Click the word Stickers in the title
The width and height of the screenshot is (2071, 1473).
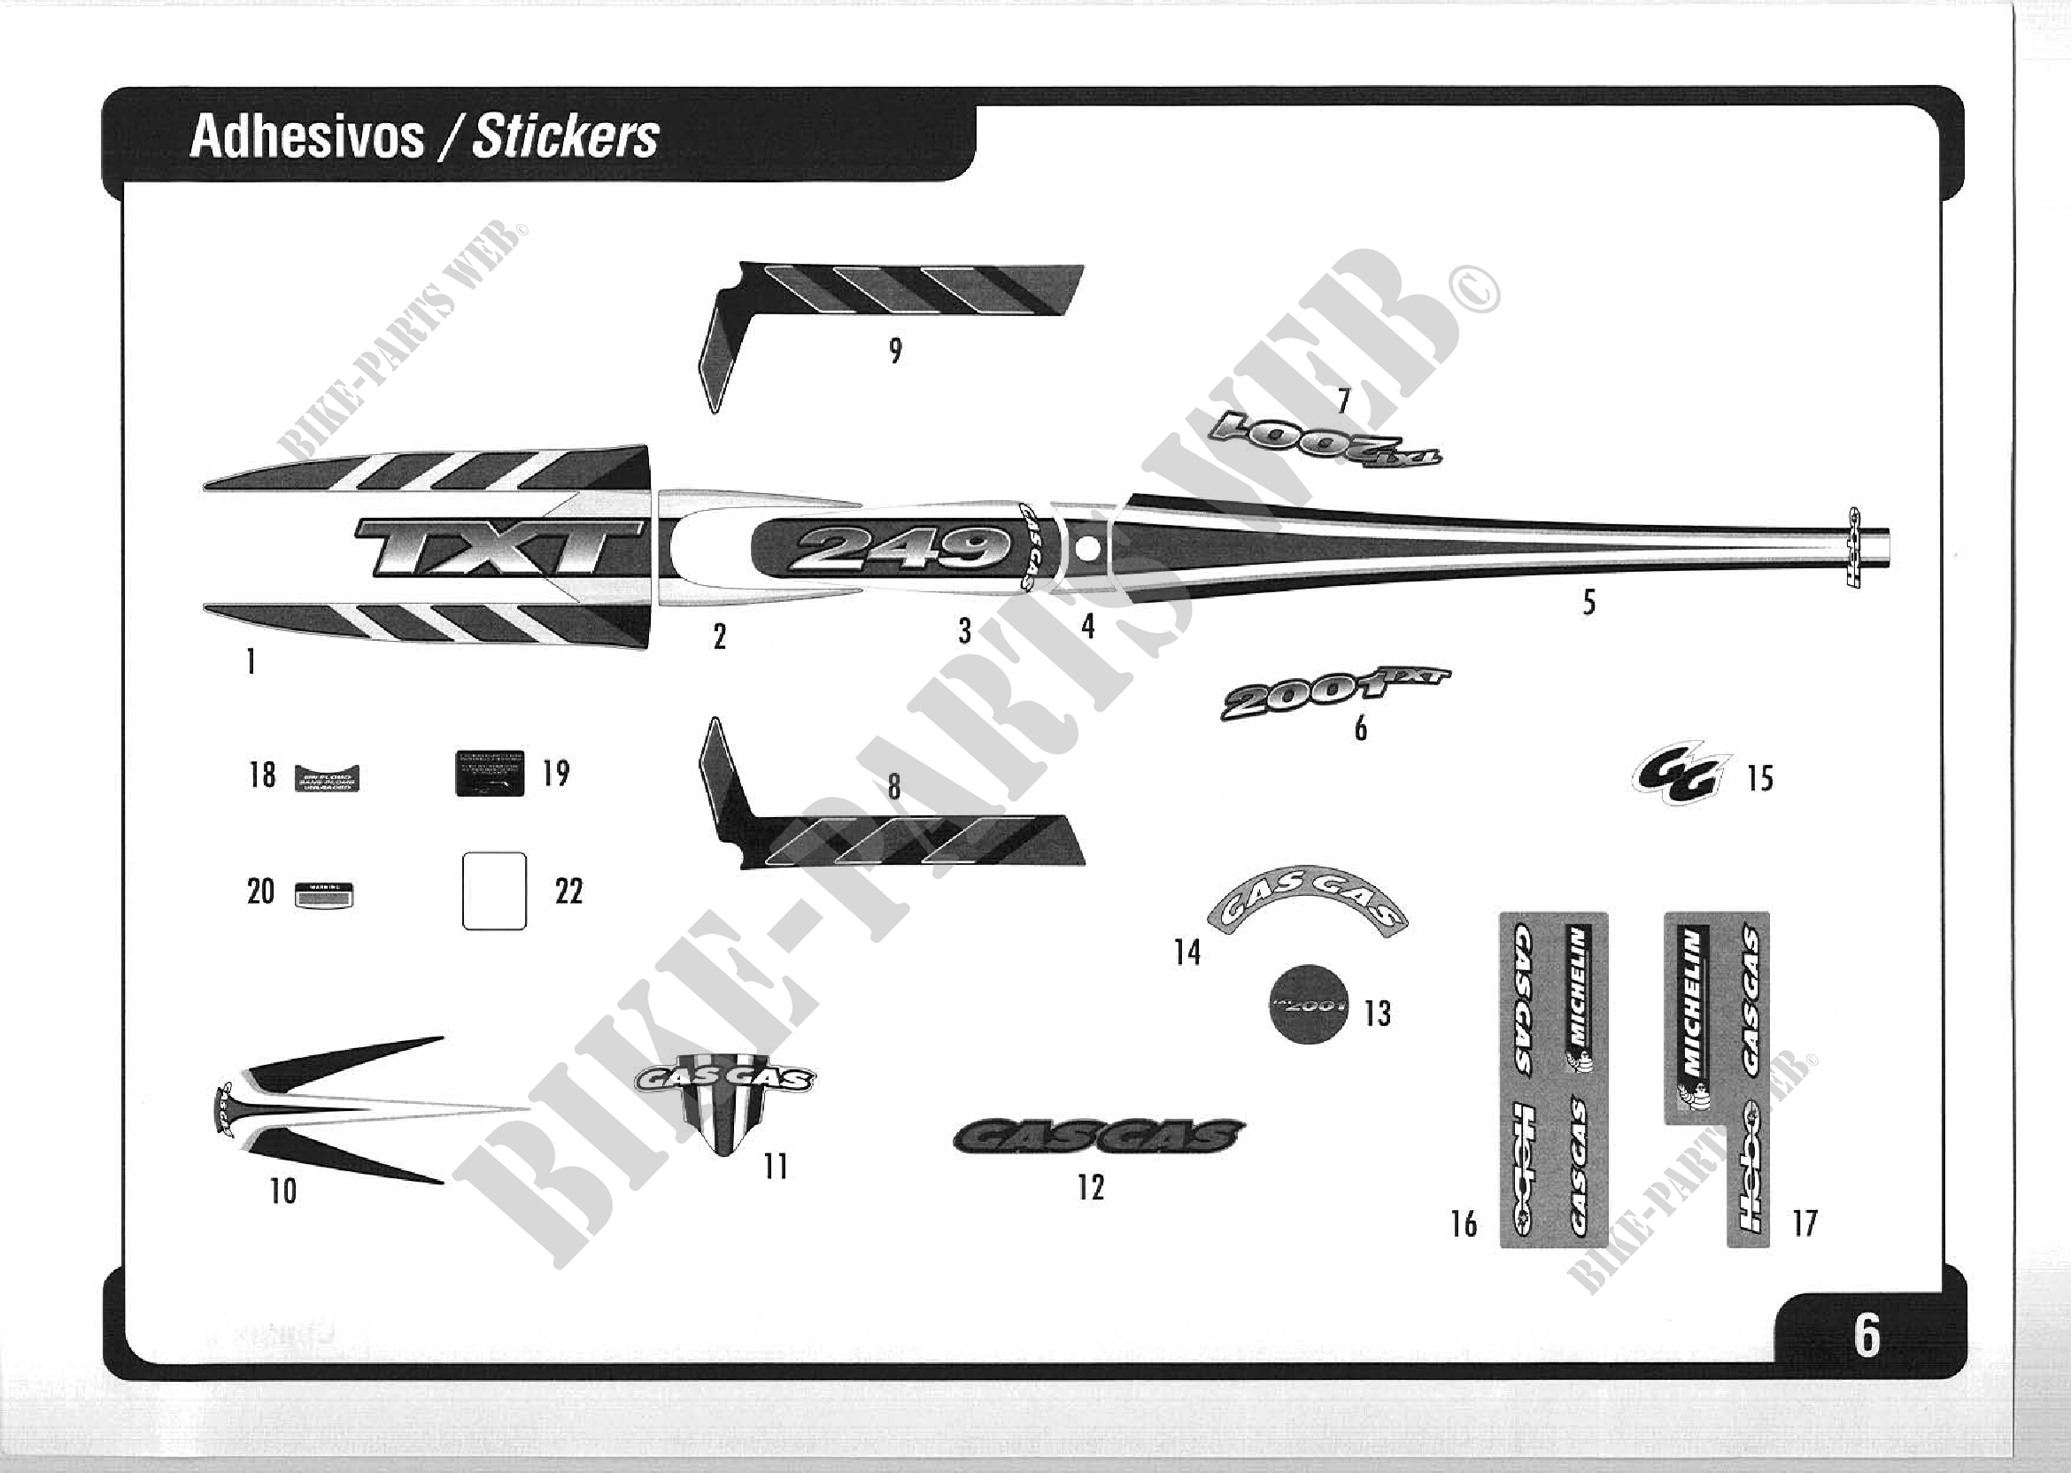point(565,138)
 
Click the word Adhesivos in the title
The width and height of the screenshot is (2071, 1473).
point(306,138)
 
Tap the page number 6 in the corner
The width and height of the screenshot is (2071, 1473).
point(1866,1335)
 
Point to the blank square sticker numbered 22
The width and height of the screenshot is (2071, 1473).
point(494,891)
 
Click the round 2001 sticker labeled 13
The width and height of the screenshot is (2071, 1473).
point(1308,1004)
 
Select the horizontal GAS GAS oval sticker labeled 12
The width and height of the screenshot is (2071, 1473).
point(1099,1137)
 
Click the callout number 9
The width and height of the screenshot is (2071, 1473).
point(895,351)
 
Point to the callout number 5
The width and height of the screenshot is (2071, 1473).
point(1588,602)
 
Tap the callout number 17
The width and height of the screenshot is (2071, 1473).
point(1804,1223)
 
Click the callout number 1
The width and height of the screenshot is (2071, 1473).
point(251,662)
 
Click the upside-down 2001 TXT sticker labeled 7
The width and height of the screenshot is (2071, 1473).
point(1325,440)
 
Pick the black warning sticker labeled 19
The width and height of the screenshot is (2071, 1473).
point(489,774)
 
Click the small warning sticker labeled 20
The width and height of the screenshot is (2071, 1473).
point(325,895)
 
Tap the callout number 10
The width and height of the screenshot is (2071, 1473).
point(283,1191)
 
